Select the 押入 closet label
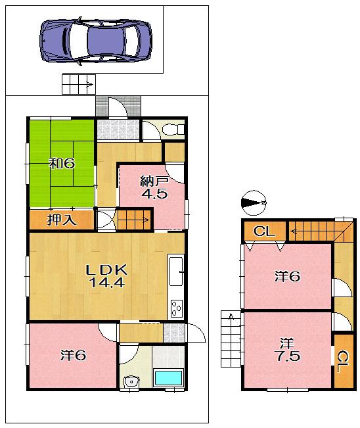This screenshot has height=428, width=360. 61,220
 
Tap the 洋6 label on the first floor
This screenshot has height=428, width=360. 73,355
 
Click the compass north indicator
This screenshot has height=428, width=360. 254,202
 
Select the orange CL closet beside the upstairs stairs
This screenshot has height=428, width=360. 264,231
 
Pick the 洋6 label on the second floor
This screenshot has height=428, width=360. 287,277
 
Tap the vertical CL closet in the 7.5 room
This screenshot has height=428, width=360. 342,362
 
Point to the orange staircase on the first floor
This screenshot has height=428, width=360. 134,218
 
